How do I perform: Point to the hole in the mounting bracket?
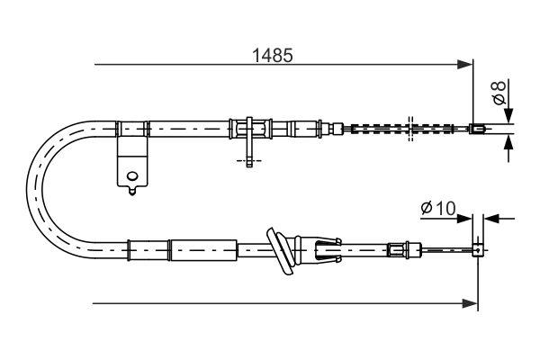(131, 175)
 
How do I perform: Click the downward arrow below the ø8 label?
(508, 116)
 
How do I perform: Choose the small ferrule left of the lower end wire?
(397, 248)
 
